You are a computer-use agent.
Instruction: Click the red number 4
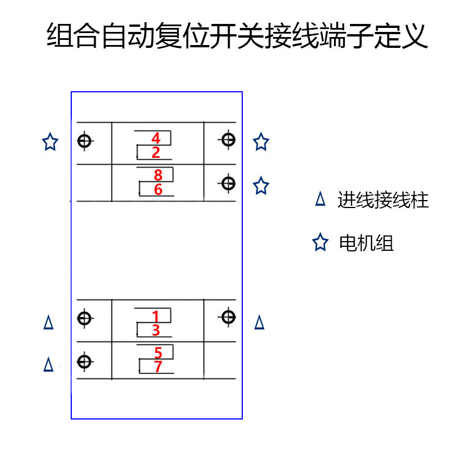click(156, 139)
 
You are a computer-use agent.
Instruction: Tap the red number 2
click(156, 153)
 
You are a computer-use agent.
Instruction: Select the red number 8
click(158, 175)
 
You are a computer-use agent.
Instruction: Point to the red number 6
click(158, 189)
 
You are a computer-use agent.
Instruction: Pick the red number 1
click(156, 316)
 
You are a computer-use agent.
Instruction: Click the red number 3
click(156, 331)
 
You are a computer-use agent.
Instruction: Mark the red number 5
click(158, 353)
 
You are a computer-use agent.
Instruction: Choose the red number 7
click(158, 367)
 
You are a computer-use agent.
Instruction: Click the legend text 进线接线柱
click(382, 200)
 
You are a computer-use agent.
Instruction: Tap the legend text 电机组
click(366, 243)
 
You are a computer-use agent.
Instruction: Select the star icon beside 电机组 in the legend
click(320, 243)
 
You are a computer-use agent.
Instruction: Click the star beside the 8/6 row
click(261, 185)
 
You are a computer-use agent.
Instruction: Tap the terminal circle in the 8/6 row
click(228, 183)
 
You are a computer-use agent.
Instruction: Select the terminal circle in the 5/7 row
click(84, 361)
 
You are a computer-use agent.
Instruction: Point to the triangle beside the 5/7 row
click(48, 364)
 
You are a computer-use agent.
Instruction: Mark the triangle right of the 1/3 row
click(259, 323)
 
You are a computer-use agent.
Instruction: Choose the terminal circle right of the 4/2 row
click(228, 139)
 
